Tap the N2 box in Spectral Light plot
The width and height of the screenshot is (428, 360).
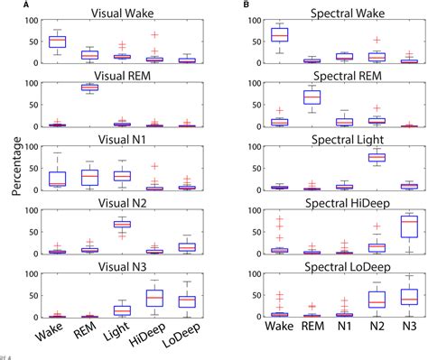(x=373, y=157)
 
